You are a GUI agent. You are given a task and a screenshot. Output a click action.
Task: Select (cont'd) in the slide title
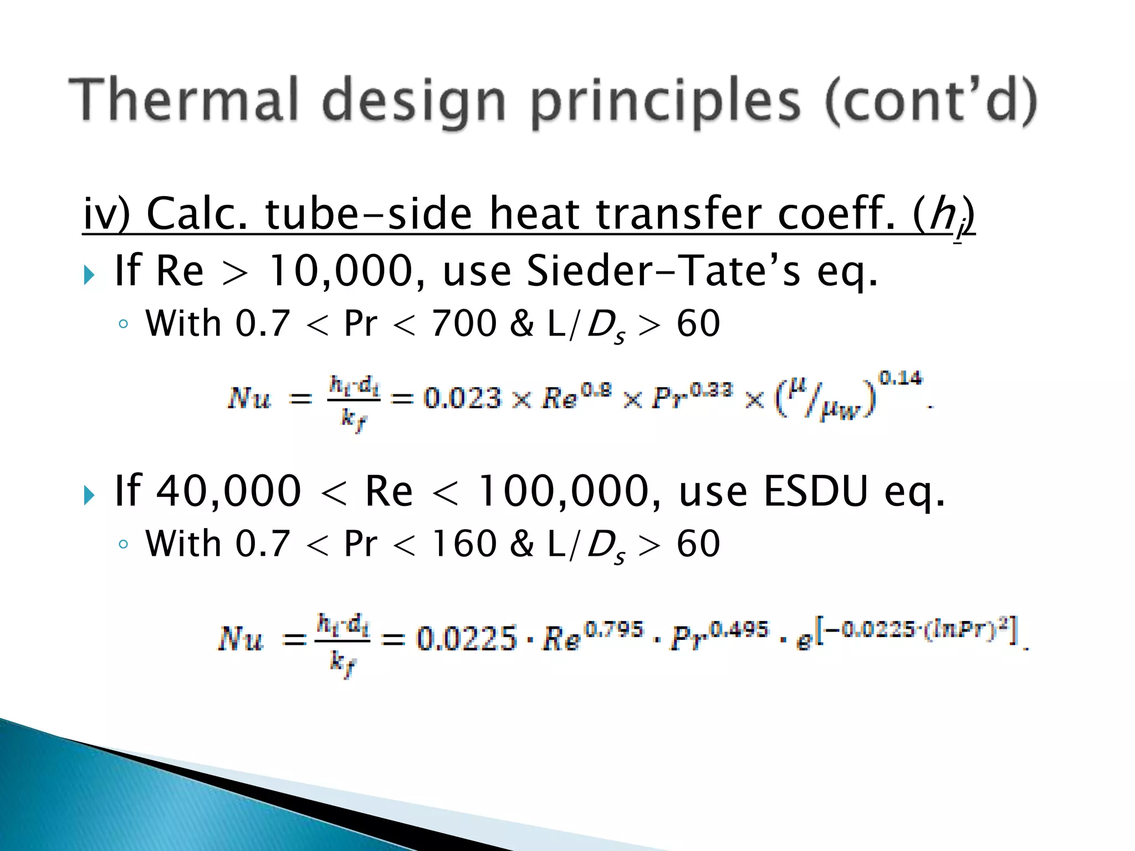point(931,101)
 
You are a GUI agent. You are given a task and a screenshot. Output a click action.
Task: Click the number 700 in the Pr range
point(464,324)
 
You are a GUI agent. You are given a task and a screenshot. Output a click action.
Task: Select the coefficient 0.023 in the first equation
point(462,398)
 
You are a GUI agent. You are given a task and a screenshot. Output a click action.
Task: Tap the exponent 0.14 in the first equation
point(901,378)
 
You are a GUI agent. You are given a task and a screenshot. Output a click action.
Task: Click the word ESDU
point(815,491)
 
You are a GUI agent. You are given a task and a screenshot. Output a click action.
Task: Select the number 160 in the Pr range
point(464,544)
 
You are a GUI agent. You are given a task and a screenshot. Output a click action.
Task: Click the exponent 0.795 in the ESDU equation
point(615,629)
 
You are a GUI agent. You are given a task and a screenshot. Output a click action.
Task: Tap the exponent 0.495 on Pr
point(740,629)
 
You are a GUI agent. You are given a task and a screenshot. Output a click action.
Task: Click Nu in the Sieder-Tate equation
point(249,398)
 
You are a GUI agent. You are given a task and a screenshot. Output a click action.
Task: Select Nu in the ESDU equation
point(240,638)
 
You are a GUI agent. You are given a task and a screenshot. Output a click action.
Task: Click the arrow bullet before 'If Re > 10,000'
point(89,274)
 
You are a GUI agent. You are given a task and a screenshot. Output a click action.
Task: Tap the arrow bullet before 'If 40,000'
point(89,495)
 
